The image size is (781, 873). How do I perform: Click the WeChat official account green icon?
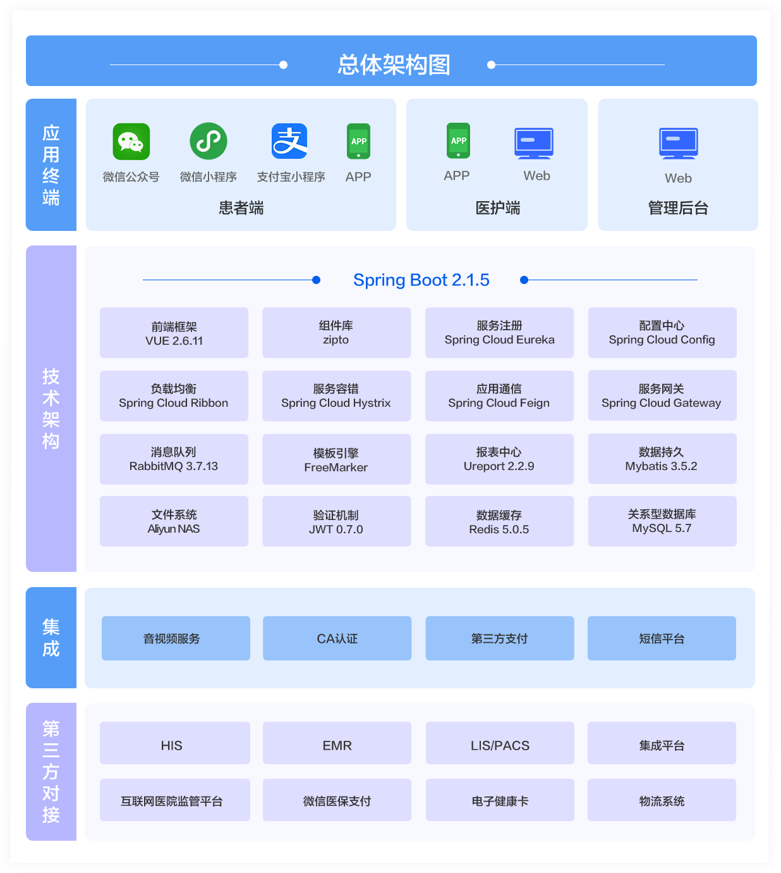pyautogui.click(x=131, y=142)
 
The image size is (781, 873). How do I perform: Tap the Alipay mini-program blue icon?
pyautogui.click(x=289, y=141)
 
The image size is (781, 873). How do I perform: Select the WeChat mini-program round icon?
pyautogui.click(x=209, y=141)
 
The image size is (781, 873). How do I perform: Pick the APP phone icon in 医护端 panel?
pyautogui.click(x=458, y=140)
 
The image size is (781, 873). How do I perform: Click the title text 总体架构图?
pyautogui.click(x=394, y=65)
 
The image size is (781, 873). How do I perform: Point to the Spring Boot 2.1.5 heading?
pyautogui.click(x=421, y=280)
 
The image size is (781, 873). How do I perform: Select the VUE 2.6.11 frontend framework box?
pyautogui.click(x=174, y=333)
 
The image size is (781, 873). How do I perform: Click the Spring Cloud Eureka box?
pyautogui.click(x=499, y=333)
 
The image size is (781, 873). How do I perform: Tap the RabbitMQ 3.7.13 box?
pyautogui.click(x=174, y=459)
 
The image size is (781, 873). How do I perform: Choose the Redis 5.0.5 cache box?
pyautogui.click(x=499, y=522)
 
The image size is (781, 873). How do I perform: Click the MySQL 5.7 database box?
pyautogui.click(x=662, y=521)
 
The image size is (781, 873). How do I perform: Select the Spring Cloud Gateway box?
pyautogui.click(x=662, y=395)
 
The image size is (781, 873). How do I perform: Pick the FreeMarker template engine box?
pyautogui.click(x=336, y=459)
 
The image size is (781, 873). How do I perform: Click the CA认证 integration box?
pyautogui.click(x=337, y=638)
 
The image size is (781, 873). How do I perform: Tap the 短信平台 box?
pyautogui.click(x=662, y=638)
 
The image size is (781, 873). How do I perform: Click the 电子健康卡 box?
pyautogui.click(x=500, y=800)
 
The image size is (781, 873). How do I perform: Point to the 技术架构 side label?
pyautogui.click(x=51, y=409)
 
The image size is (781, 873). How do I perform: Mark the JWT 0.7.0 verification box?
pyautogui.click(x=336, y=522)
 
